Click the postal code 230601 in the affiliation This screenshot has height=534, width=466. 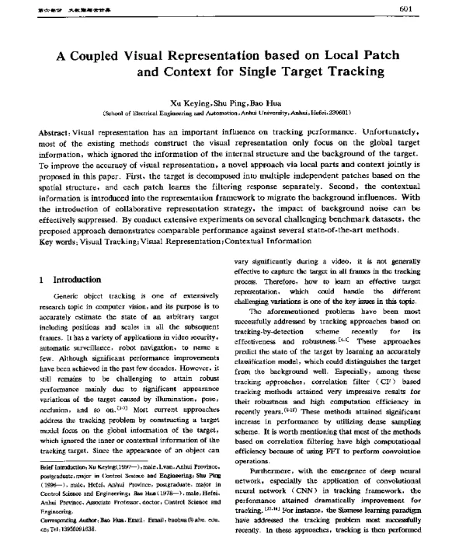click(337, 113)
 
